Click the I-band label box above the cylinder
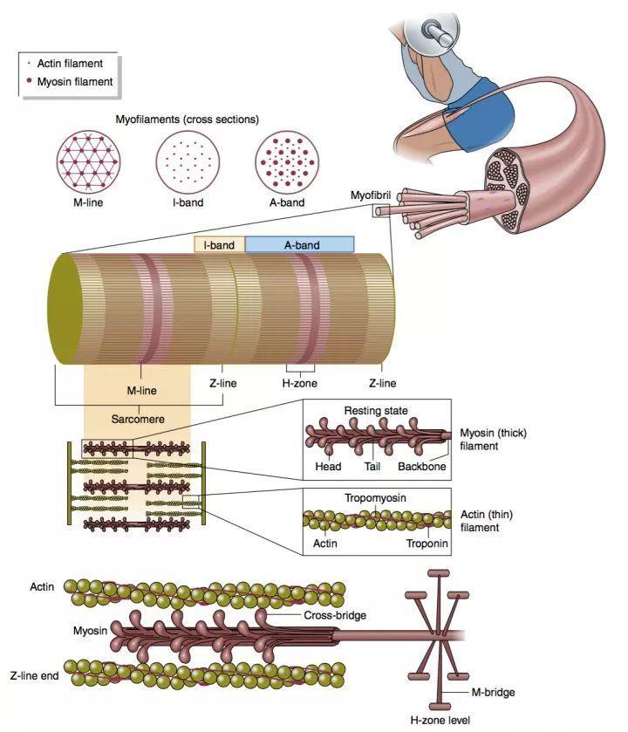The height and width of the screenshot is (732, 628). click(x=219, y=245)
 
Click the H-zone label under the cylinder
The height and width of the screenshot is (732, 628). click(x=298, y=383)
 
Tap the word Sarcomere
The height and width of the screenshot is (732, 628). click(x=137, y=419)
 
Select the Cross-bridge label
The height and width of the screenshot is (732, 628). click(x=310, y=614)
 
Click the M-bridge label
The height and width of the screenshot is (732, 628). click(x=493, y=692)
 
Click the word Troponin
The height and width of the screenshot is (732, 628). click(x=427, y=544)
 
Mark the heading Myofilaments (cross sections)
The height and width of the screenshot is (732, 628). click(x=188, y=119)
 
